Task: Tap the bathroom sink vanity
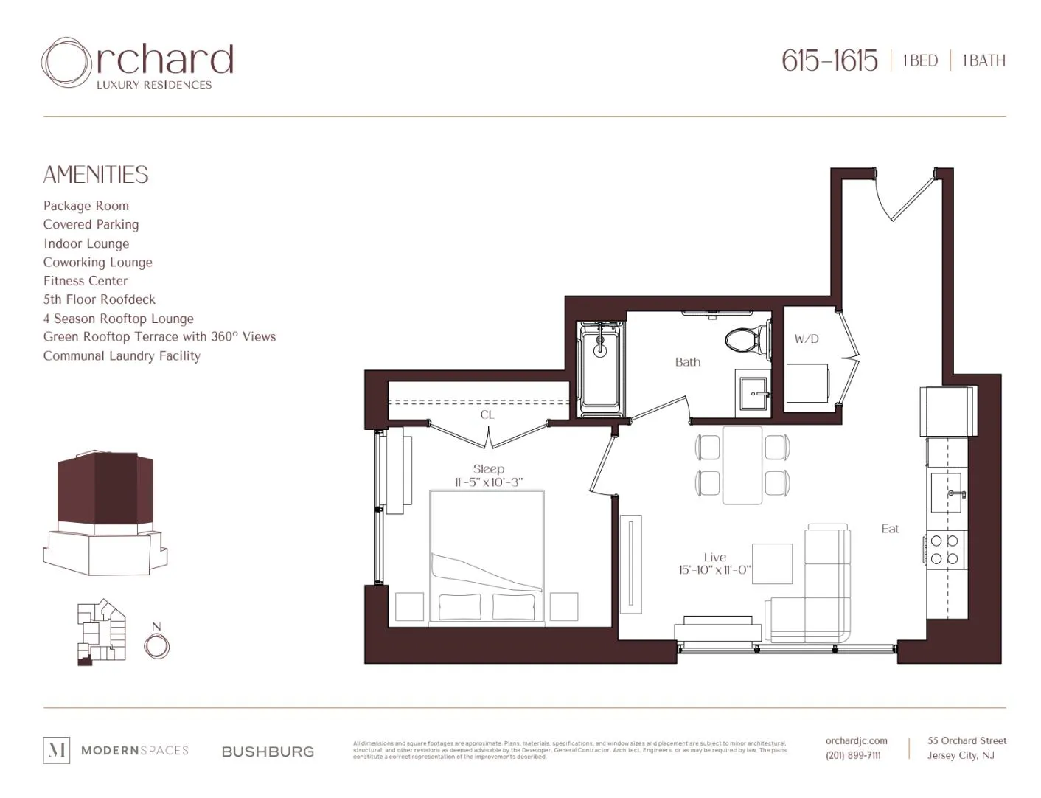click(x=753, y=393)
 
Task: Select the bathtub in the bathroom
click(x=601, y=367)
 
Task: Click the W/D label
click(x=807, y=339)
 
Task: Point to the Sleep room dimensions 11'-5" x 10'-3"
click(x=488, y=482)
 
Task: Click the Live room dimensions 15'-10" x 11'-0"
click(x=714, y=570)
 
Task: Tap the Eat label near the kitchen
click(x=890, y=529)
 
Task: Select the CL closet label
click(x=487, y=415)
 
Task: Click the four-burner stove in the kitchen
click(x=944, y=549)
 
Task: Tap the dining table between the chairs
click(x=742, y=465)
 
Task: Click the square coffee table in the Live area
click(x=772, y=563)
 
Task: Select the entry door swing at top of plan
click(x=903, y=197)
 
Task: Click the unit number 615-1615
click(x=829, y=60)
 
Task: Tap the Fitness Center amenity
click(x=86, y=281)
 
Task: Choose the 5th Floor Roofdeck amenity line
click(x=100, y=299)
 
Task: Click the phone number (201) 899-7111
click(x=853, y=755)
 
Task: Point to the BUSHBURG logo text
click(x=268, y=752)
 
